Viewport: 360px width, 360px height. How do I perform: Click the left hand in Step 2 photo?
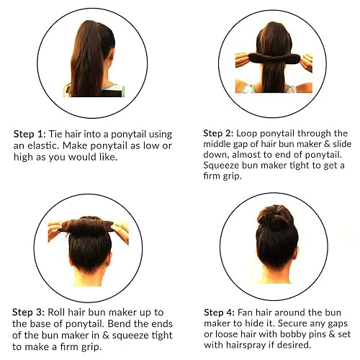241,59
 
